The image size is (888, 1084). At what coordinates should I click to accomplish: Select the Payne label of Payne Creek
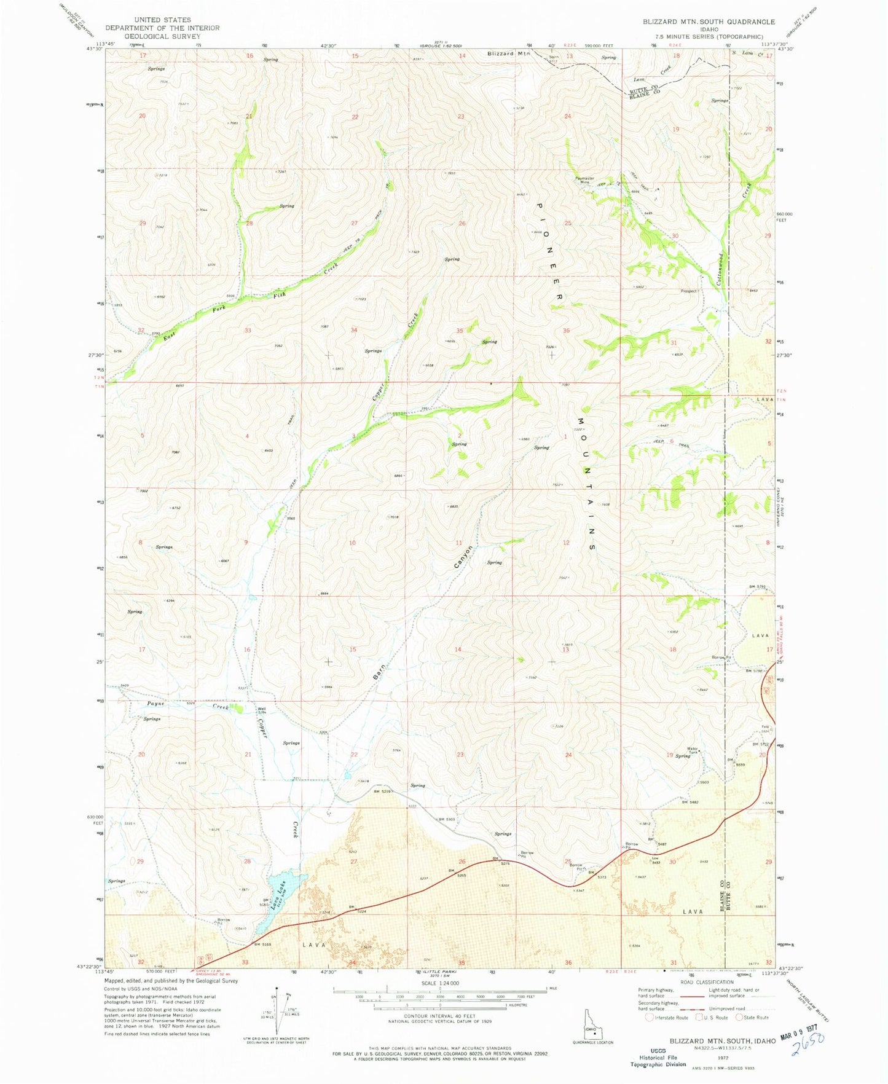click(155, 703)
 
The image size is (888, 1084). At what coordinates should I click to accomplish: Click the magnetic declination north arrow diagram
click(278, 1012)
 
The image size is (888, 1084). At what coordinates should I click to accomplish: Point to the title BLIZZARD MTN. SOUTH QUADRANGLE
click(709, 22)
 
